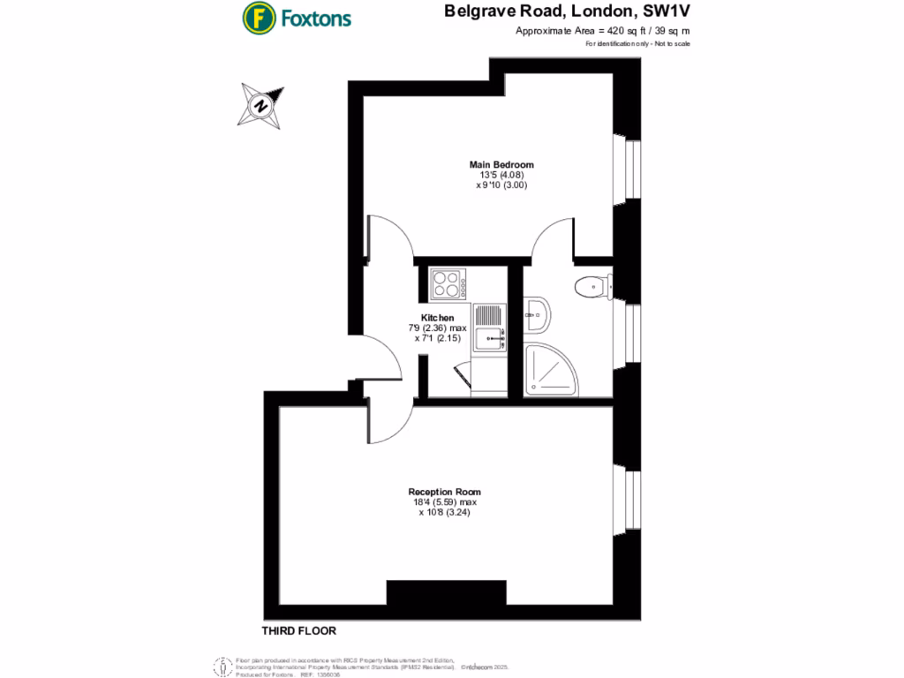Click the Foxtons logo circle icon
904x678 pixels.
pos(259,18)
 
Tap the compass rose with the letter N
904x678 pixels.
pos(261,105)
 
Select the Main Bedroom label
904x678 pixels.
pos(501,164)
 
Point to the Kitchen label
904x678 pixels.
pos(437,318)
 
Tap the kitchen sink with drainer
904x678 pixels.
pos(490,328)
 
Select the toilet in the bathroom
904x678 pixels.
pos(590,286)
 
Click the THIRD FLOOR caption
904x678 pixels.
pos(299,631)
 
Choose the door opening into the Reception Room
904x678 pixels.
pos(390,422)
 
